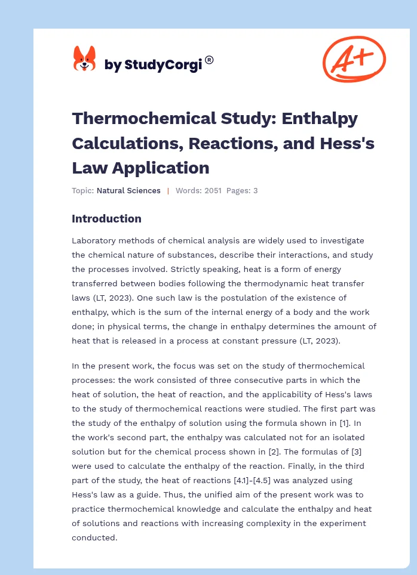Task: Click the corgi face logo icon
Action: pyautogui.click(x=84, y=60)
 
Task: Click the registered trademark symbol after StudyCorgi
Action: pyautogui.click(x=209, y=60)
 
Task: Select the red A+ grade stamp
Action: pyautogui.click(x=354, y=58)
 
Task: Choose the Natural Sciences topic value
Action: pyautogui.click(x=128, y=191)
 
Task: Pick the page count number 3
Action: pyautogui.click(x=255, y=191)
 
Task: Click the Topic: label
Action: pyautogui.click(x=83, y=191)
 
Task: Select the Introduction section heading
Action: pyautogui.click(x=106, y=219)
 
